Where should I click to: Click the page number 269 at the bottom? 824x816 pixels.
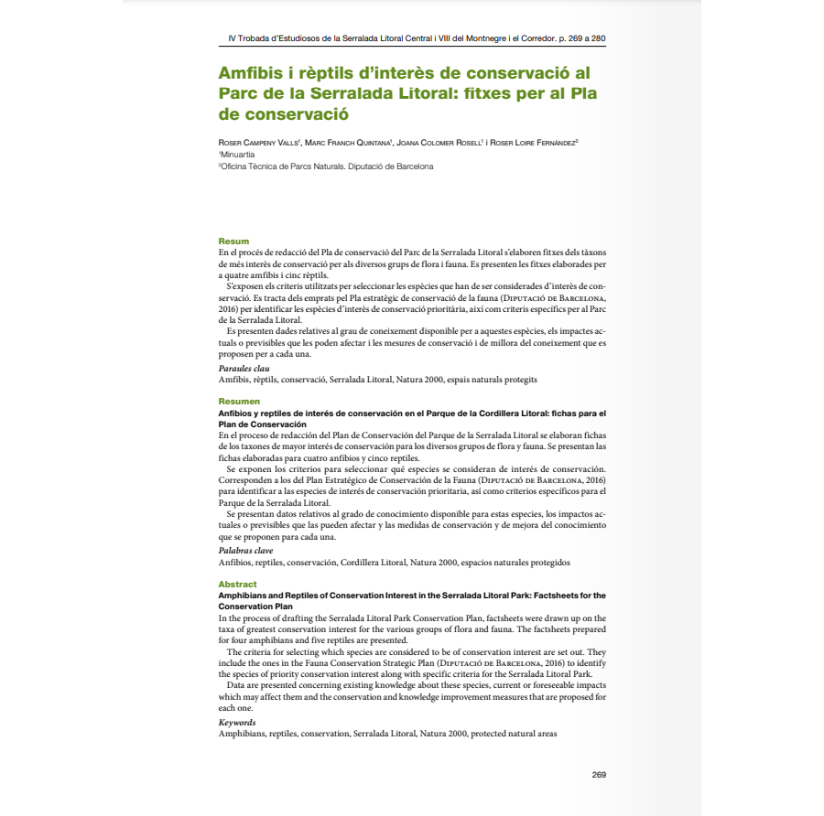coord(599,775)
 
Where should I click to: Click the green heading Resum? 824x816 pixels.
coord(233,242)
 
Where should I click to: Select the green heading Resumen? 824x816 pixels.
coord(239,402)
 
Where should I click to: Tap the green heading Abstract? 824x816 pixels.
coord(237,584)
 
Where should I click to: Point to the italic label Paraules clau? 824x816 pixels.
coord(244,368)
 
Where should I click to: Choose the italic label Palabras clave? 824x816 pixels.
coord(245,551)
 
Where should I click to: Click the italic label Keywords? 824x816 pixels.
coord(237,723)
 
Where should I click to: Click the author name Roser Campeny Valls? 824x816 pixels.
coord(258,143)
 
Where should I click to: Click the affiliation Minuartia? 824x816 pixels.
coord(238,155)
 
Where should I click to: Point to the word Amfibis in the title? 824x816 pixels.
coord(250,73)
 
